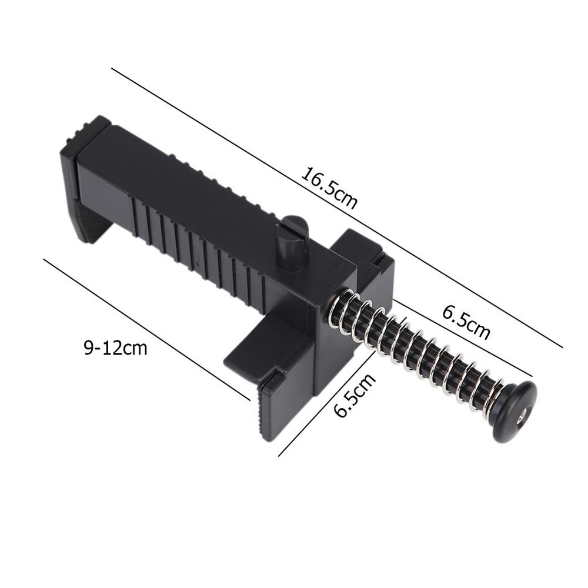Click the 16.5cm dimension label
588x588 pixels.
pyautogui.click(x=329, y=188)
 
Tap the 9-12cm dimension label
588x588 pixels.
pyautogui.click(x=115, y=348)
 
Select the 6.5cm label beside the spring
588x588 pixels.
pyautogui.click(x=466, y=321)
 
